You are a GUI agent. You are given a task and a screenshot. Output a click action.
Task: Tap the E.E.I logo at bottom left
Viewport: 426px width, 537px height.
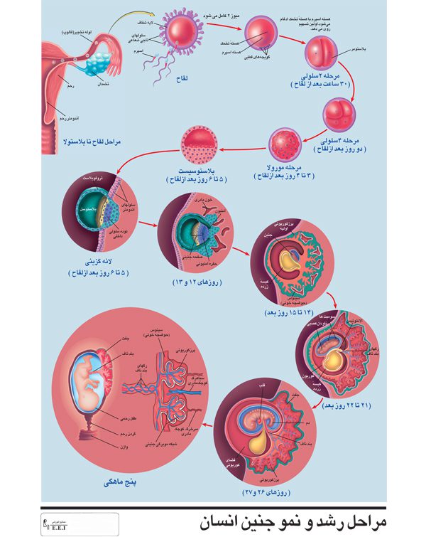[x=57, y=521]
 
